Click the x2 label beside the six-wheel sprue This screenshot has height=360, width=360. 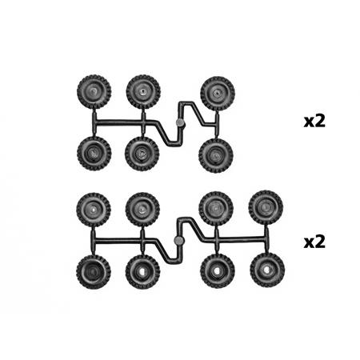[x=314, y=122]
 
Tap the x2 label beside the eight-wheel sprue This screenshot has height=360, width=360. [x=314, y=242]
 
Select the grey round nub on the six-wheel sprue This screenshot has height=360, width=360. [x=180, y=122]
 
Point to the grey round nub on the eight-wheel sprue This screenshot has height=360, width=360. [x=178, y=241]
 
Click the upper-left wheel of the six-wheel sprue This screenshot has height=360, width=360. [x=94, y=92]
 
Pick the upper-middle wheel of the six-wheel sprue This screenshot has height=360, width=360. [x=143, y=91]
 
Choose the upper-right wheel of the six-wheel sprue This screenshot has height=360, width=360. [x=218, y=94]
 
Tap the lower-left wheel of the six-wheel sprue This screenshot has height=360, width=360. [x=94, y=154]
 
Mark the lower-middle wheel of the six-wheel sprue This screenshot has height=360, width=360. [x=142, y=154]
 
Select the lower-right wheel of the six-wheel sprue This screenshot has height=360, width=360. [x=216, y=156]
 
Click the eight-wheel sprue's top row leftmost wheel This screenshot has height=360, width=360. [x=94, y=210]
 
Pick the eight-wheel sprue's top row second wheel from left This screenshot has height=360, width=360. [x=142, y=210]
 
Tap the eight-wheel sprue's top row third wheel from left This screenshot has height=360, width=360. [x=216, y=209]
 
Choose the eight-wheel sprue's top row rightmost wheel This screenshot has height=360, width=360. [x=266, y=207]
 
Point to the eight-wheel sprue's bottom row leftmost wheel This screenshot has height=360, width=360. [x=94, y=272]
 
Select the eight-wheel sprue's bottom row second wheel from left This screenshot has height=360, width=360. [x=142, y=272]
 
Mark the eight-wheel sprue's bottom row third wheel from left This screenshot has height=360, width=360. [x=218, y=271]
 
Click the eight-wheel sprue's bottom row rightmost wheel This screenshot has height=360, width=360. [x=267, y=270]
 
